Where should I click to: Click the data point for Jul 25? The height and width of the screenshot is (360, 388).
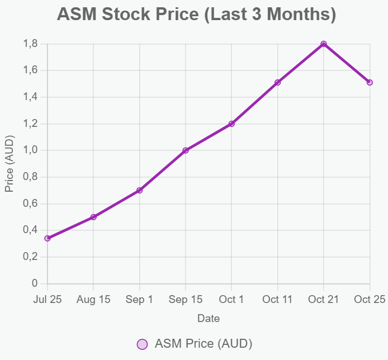48,238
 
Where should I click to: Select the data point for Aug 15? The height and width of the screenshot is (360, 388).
93,217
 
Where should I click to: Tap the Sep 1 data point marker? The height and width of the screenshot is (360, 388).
140,191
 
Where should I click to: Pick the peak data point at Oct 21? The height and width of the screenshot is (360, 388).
324,44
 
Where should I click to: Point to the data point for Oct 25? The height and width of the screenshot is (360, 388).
370,82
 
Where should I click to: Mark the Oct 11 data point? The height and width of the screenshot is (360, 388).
278,82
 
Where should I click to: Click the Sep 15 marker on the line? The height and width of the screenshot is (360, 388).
186,150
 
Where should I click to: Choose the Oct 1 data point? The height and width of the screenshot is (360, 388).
231,124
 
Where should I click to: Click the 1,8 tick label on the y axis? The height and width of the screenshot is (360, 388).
31,44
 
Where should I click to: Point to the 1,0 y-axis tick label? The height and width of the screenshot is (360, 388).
31,150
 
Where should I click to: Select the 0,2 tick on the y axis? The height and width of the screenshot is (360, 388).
31,257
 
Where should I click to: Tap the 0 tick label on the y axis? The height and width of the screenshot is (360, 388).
35,283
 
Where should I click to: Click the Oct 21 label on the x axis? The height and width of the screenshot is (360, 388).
324,300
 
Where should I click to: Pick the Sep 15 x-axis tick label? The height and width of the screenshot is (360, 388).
186,300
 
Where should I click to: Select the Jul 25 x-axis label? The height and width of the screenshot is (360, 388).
48,300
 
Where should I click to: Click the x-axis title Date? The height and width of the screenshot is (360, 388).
209,319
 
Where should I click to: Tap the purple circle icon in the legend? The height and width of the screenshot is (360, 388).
143,344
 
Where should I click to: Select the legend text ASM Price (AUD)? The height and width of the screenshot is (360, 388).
204,343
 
